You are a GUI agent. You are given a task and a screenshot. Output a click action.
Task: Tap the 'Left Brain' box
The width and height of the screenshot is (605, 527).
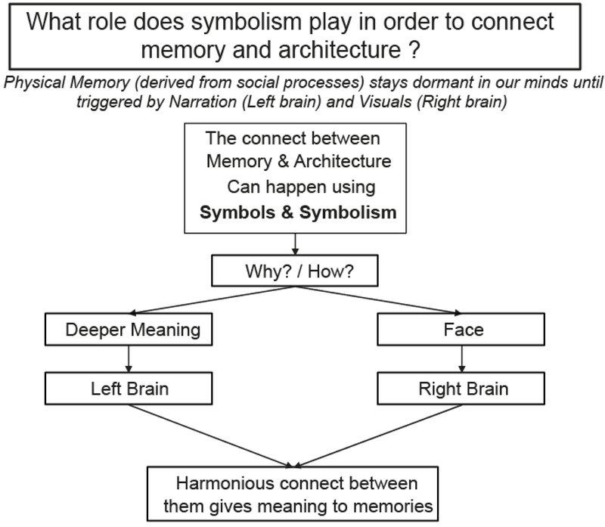[130, 389]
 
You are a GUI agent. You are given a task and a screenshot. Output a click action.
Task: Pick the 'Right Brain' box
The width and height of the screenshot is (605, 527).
[464, 389]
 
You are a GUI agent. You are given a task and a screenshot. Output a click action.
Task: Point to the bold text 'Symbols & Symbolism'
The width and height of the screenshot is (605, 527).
[298, 212]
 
